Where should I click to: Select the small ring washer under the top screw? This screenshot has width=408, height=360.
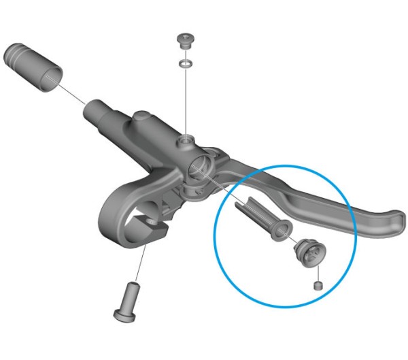point(184,63)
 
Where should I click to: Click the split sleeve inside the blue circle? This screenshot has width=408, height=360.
point(262,218)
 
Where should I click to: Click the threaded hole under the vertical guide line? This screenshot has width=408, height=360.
point(184,141)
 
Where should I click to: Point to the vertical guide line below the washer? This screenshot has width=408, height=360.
point(184,102)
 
